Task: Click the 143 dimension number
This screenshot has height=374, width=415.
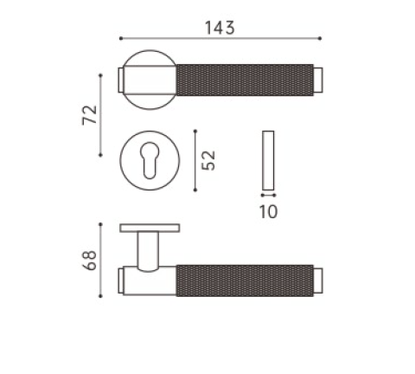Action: click(220, 28)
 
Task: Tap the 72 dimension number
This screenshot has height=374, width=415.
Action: click(90, 115)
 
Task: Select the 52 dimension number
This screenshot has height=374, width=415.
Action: click(208, 160)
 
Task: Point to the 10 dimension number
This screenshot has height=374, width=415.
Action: click(268, 211)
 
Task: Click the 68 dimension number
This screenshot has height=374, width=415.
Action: click(90, 261)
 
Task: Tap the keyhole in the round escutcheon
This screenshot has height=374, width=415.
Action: click(150, 160)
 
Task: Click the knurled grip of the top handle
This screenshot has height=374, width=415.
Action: click(245, 80)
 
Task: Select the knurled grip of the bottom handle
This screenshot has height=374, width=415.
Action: click(245, 280)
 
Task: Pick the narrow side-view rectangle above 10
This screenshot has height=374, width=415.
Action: click(268, 160)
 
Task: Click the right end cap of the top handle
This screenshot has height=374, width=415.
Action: click(318, 80)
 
